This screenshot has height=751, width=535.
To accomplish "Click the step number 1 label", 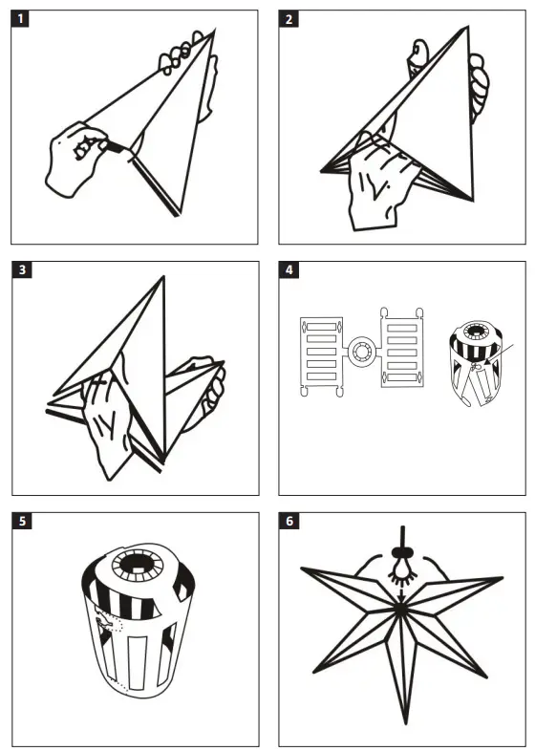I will click(20, 19).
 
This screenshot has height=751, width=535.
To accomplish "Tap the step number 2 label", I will click(289, 19).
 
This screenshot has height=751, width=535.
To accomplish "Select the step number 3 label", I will click(20, 270).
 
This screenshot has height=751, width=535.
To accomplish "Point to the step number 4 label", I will click(289, 270).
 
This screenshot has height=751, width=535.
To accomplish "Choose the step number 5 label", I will click(20, 521).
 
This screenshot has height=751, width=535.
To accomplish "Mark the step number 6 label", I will click(289, 521).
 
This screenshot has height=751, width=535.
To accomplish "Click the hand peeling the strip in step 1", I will click(76, 159).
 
